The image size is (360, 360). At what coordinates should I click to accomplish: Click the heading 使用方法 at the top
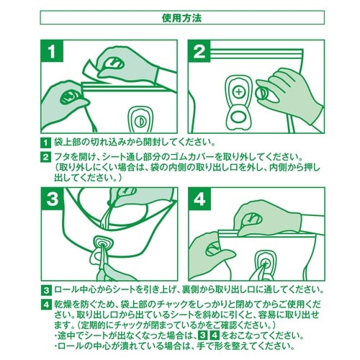[x=182, y=18]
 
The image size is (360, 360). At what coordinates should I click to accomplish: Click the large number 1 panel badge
[x=52, y=51]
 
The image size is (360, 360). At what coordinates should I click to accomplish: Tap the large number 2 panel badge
[x=199, y=51]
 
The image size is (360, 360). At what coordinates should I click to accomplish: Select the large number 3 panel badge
[x=52, y=199]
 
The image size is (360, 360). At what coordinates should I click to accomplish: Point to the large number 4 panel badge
[x=199, y=199]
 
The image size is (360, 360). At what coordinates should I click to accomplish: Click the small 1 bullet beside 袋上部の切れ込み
[x=45, y=143]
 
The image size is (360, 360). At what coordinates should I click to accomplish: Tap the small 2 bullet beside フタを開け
[x=45, y=157]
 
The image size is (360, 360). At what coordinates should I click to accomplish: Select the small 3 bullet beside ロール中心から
[x=45, y=290]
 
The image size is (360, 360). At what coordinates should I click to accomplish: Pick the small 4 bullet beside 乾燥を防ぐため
[x=45, y=305]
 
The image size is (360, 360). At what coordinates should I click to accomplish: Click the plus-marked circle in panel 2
[x=238, y=92]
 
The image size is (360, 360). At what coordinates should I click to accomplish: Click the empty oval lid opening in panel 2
[x=238, y=117]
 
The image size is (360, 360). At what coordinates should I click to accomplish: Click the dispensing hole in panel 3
[x=102, y=245]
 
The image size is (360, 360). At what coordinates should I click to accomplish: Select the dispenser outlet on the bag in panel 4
[x=265, y=264]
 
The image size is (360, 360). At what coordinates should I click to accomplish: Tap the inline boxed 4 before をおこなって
[x=215, y=335]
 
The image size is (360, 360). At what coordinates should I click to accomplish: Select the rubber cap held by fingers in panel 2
[x=261, y=93]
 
